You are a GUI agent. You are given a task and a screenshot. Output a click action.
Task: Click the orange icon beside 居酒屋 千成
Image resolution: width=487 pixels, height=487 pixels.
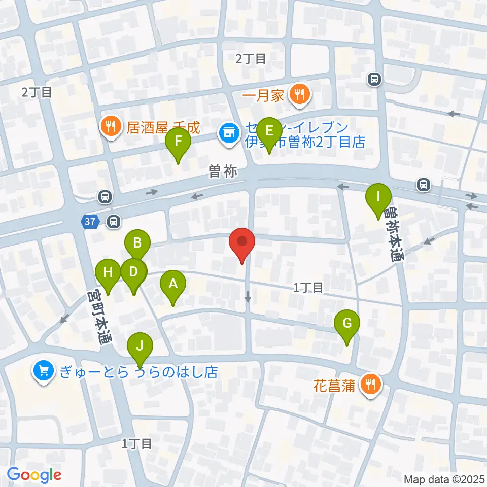pos(110,125)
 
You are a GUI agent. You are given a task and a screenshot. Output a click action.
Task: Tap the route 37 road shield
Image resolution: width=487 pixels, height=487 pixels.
pos(90,221)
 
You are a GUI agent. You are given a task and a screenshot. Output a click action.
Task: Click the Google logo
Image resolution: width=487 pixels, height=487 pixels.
pos(34,475)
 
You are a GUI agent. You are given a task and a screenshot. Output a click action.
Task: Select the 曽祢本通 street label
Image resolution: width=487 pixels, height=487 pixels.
pos(394,233)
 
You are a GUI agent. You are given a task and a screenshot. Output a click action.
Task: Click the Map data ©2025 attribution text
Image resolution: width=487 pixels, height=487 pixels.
pos(444,479)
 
